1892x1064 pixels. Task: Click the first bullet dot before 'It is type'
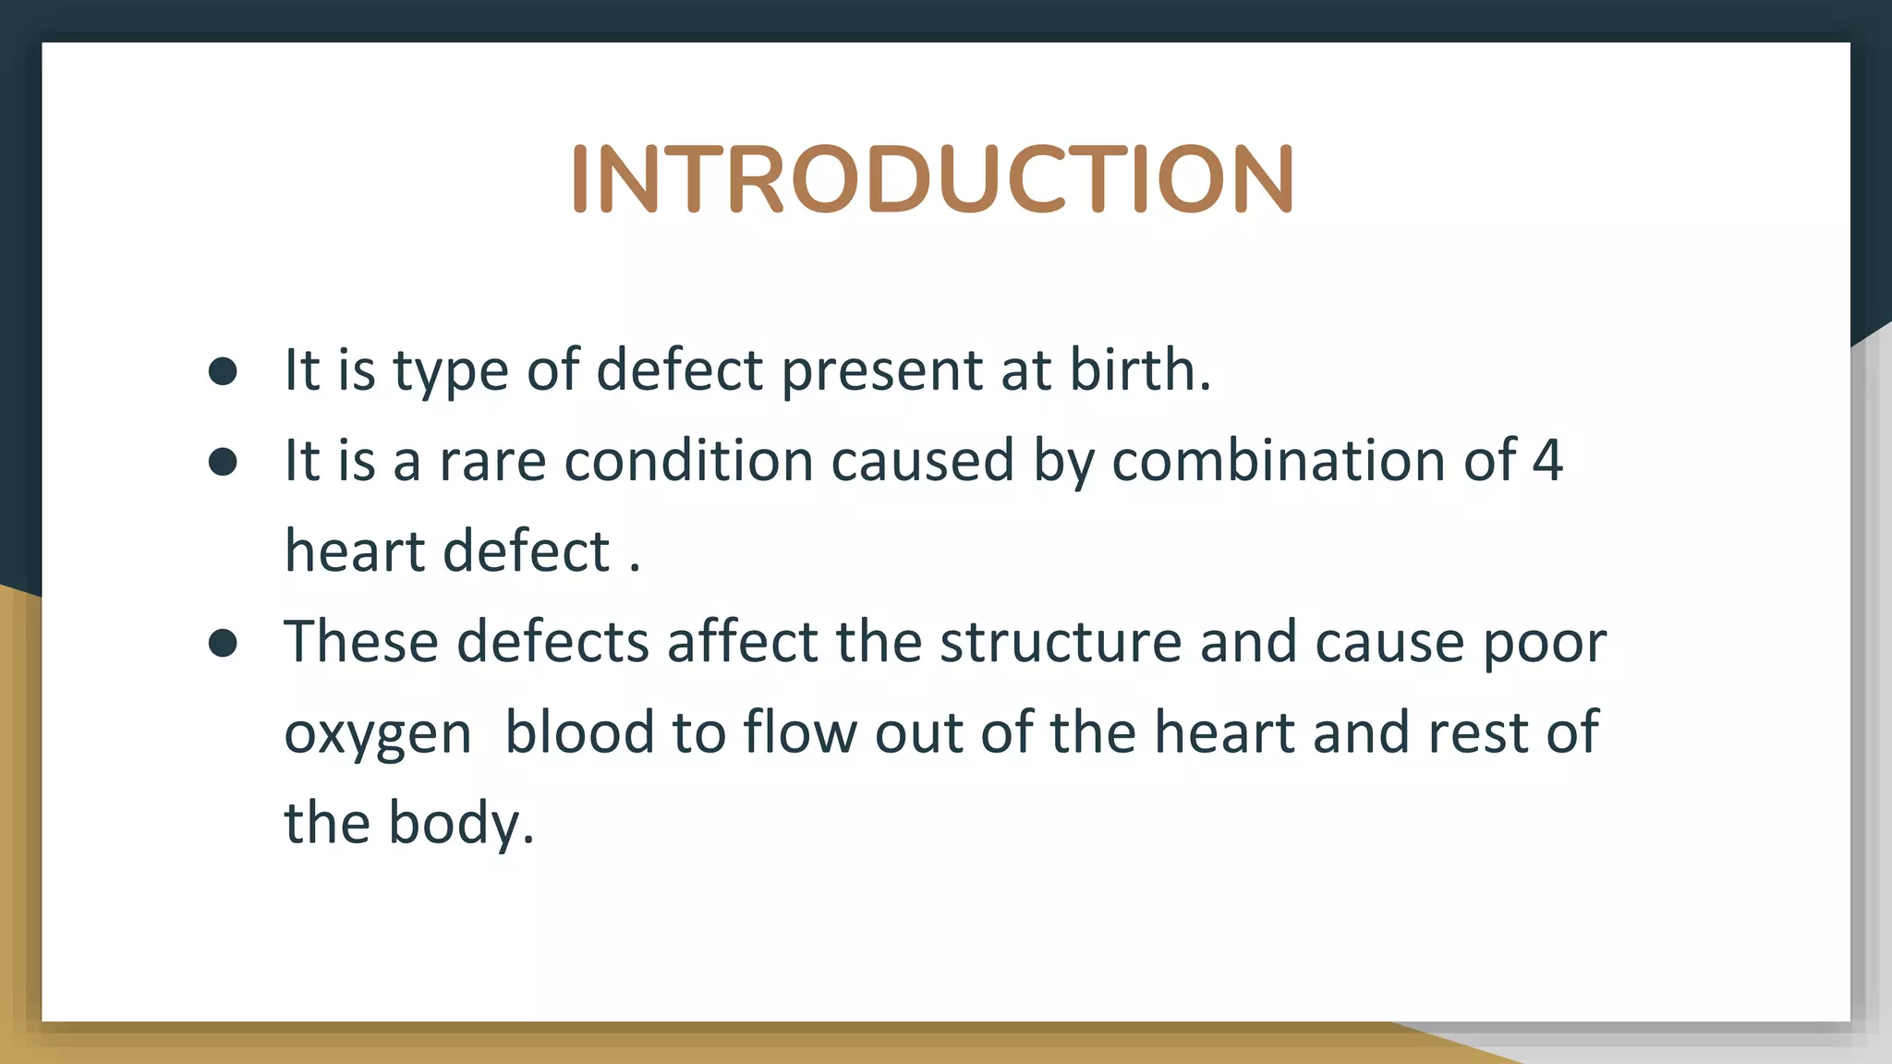[223, 371]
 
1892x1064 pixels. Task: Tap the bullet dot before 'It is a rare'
[223, 462]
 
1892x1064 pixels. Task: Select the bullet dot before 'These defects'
[223, 643]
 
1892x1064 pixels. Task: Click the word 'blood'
[579, 731]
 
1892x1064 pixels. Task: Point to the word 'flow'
[800, 731]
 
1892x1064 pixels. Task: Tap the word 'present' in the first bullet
[882, 371]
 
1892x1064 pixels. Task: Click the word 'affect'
[743, 641]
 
